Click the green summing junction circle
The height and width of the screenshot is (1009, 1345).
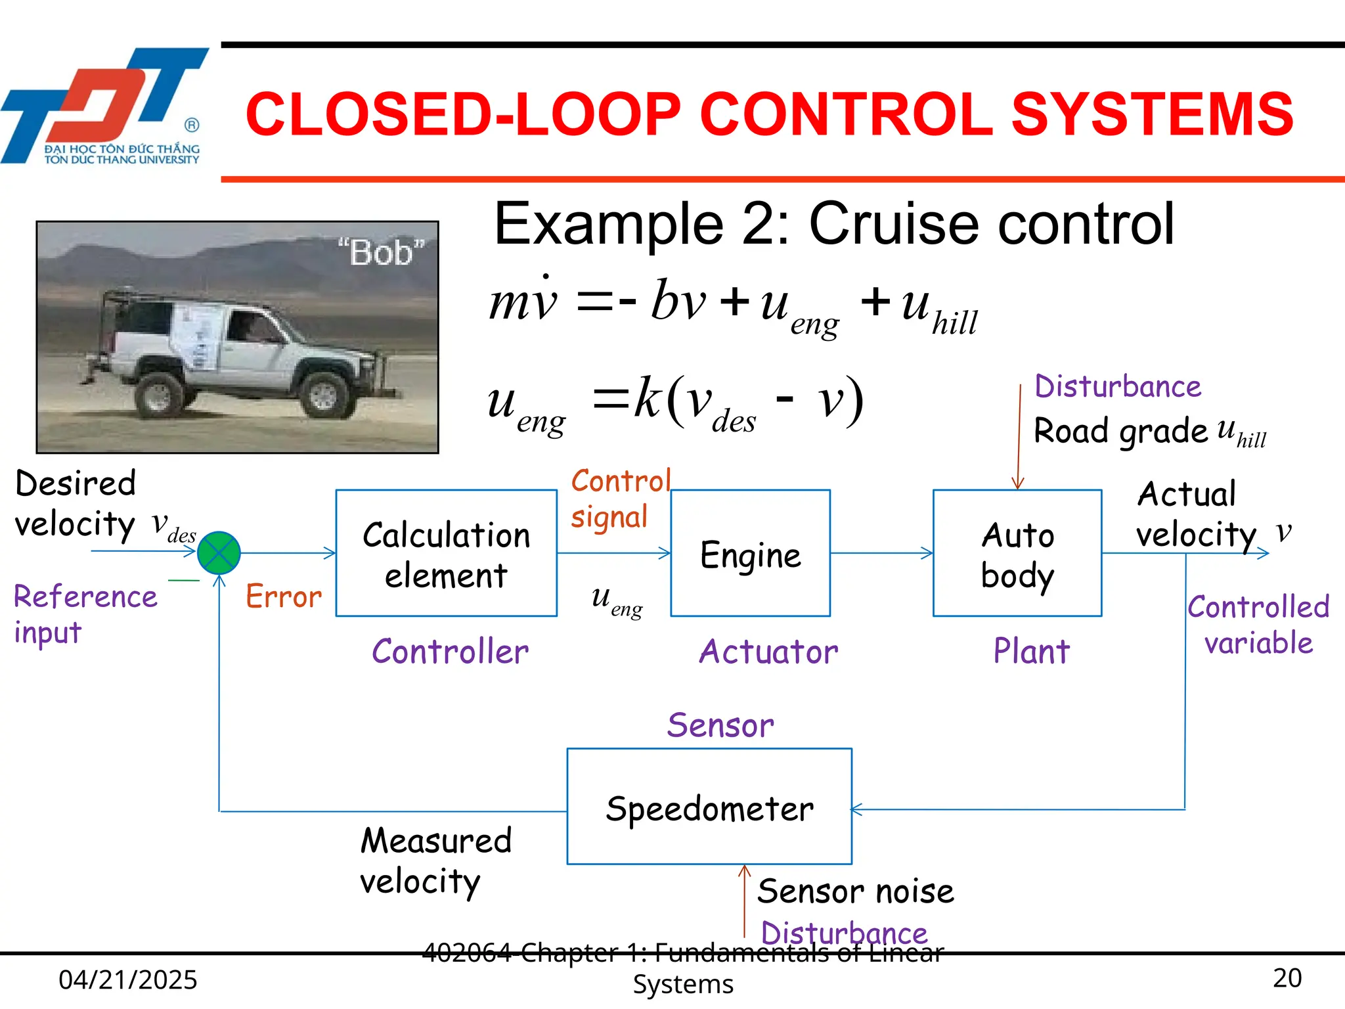click(x=219, y=552)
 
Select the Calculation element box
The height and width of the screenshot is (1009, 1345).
click(x=446, y=552)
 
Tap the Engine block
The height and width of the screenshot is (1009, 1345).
click(x=750, y=553)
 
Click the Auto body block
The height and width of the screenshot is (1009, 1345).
click(x=1017, y=552)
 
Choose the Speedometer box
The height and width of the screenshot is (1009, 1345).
click(x=709, y=806)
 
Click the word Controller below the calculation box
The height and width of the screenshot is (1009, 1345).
click(x=450, y=652)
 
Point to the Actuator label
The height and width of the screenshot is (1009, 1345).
click(x=768, y=652)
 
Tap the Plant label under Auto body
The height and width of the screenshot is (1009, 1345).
click(x=1031, y=652)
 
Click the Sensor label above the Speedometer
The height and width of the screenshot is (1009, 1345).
click(x=720, y=726)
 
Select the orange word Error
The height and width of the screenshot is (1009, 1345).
click(x=284, y=596)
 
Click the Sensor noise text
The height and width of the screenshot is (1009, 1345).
click(x=855, y=891)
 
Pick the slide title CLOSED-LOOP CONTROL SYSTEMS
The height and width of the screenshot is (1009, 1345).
click(x=768, y=114)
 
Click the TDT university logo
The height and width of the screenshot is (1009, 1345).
click(x=105, y=105)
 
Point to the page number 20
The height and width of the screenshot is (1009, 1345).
click(x=1287, y=978)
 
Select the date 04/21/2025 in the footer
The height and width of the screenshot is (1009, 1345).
click(x=128, y=979)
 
